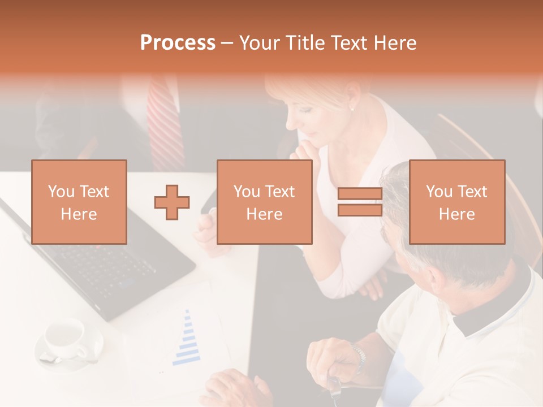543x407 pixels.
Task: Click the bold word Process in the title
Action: [178, 43]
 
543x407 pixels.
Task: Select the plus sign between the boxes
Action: [172, 202]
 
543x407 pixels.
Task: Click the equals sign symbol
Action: [360, 202]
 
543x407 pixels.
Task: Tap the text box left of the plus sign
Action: [79, 202]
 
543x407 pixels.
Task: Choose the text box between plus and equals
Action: [264, 202]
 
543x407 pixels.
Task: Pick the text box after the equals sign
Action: [456, 202]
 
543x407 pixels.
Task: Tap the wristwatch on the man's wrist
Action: [358, 356]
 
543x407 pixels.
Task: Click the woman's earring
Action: [352, 107]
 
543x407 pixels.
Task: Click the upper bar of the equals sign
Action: [360, 194]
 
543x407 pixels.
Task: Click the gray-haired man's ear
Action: [436, 280]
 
